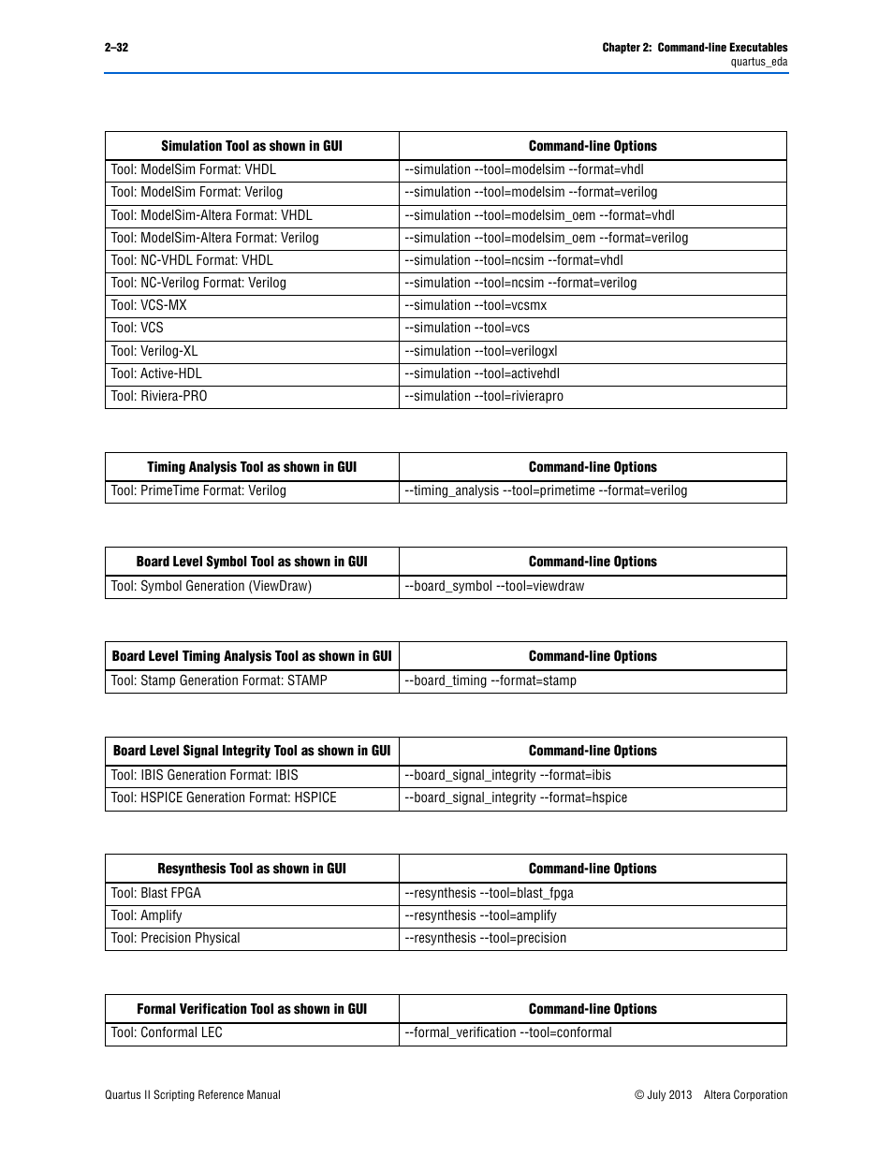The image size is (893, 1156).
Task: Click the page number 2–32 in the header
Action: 116,48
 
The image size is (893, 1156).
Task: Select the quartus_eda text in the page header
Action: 758,62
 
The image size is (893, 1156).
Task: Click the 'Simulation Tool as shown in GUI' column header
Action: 252,146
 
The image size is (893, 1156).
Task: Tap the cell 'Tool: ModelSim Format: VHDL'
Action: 194,169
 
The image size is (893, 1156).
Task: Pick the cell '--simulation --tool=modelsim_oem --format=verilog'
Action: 546,238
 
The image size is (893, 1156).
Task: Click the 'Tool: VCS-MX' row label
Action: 149,305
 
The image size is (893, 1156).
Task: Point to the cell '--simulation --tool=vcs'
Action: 467,328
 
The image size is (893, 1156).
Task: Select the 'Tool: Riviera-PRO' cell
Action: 159,396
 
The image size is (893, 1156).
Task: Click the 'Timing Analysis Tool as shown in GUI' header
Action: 252,467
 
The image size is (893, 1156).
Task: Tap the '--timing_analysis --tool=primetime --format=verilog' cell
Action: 546,490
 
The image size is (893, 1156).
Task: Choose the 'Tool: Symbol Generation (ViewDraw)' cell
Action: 212,586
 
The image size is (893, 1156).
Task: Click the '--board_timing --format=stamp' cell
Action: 490,680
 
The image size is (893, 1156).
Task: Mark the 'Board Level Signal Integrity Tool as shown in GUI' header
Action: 252,751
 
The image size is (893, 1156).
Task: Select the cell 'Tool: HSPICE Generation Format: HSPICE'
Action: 224,797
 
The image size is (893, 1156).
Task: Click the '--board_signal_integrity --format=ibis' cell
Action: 507,775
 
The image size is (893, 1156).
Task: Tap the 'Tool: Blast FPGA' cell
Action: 156,893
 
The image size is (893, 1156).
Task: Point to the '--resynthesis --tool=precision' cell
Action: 485,938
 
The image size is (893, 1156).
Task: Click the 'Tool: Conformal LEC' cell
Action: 167,1032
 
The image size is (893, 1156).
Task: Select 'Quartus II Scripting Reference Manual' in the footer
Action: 193,1095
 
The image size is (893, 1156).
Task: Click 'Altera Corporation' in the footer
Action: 745,1095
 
